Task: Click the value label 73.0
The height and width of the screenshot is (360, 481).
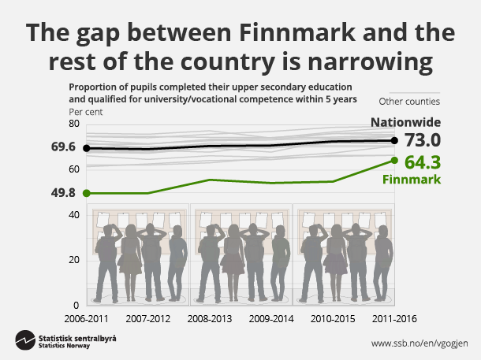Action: click(x=421, y=140)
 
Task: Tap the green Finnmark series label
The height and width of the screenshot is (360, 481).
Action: click(x=410, y=180)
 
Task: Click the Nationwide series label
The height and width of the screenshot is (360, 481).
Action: click(x=406, y=122)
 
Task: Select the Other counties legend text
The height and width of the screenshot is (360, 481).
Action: click(x=409, y=101)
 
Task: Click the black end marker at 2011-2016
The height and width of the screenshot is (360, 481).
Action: click(x=394, y=140)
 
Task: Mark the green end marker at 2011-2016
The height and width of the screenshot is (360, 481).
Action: click(x=394, y=161)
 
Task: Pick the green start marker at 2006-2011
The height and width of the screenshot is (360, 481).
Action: click(x=86, y=193)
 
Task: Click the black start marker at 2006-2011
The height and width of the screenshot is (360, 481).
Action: click(x=86, y=147)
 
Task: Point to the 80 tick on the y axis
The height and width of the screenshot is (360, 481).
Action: click(x=76, y=124)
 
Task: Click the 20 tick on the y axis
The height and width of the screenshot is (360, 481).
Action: click(x=76, y=260)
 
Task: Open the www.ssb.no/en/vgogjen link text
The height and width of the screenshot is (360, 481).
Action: click(x=420, y=343)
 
